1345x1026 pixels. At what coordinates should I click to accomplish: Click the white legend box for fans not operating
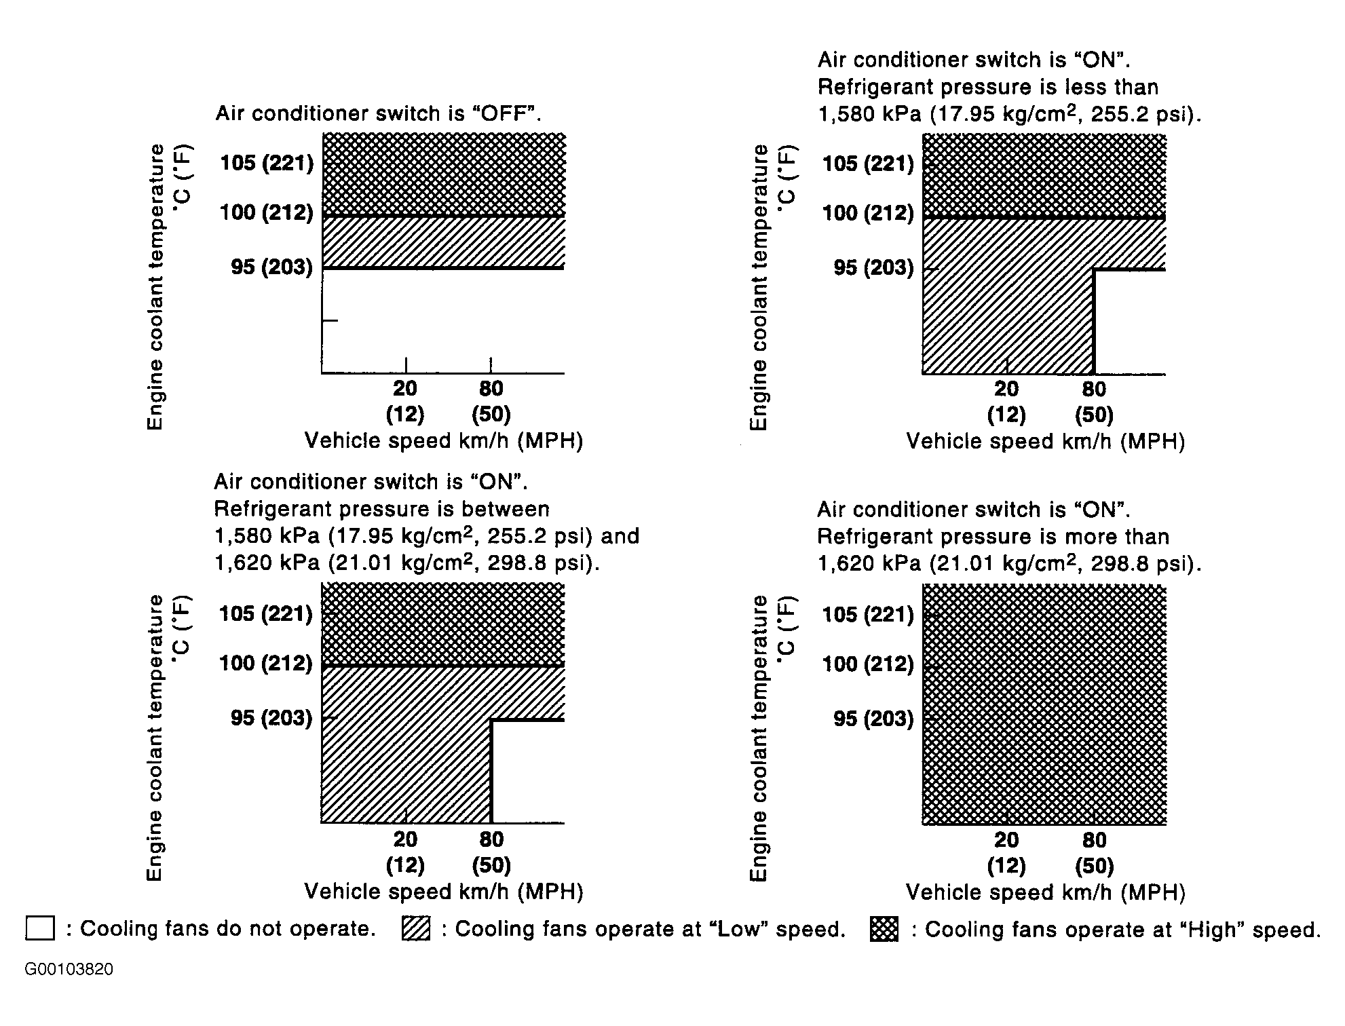(x=40, y=928)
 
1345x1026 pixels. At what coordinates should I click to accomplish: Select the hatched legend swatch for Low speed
(x=415, y=928)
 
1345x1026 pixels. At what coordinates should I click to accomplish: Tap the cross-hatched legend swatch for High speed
(x=884, y=929)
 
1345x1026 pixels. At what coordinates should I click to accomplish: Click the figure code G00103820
(x=69, y=970)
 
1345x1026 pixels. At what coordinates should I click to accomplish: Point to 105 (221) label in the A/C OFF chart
(x=267, y=163)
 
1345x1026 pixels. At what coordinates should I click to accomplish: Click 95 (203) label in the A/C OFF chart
(x=271, y=267)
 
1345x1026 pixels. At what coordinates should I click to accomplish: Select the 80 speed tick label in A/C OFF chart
(x=491, y=388)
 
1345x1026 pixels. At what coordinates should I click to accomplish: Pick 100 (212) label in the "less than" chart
(x=868, y=213)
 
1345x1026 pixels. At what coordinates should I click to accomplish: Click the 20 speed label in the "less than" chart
(x=1006, y=389)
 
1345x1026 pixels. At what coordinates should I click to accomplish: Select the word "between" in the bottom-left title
(x=506, y=509)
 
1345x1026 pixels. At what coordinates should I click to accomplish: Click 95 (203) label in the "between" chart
(x=271, y=718)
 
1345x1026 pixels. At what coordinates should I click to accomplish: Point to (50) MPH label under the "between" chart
(x=491, y=865)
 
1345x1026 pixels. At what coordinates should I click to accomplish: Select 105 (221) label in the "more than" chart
(x=868, y=614)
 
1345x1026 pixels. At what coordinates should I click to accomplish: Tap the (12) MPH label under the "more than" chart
(x=1006, y=866)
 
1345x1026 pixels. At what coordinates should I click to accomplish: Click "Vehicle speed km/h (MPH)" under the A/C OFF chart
(x=443, y=441)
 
